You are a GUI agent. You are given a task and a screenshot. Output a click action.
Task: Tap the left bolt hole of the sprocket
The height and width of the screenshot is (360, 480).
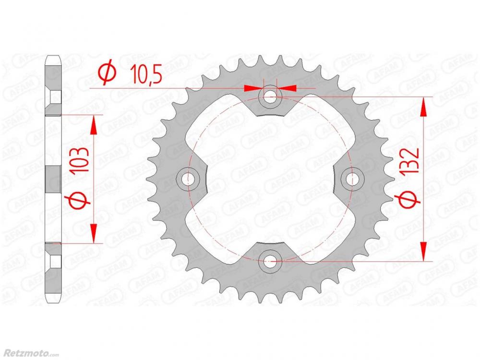point(187,179)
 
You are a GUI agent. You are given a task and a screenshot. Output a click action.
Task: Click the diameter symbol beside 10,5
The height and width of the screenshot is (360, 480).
point(107,74)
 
